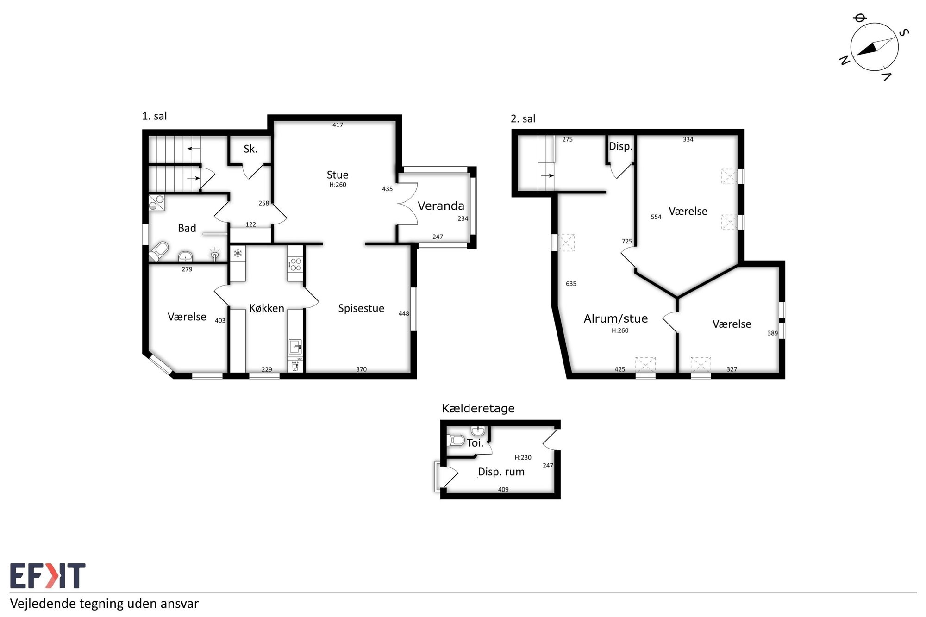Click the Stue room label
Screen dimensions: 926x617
[x=338, y=175]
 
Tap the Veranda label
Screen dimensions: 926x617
[x=441, y=206]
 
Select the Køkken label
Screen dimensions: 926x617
[x=267, y=308]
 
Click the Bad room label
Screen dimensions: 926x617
[x=187, y=228]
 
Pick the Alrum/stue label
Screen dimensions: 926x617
[x=616, y=318]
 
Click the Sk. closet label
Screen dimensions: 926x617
[x=250, y=149]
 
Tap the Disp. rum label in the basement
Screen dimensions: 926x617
[x=501, y=472]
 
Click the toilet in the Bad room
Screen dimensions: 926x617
[x=158, y=251]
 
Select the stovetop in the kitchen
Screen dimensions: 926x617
[x=295, y=265]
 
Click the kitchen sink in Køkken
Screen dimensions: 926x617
[x=295, y=347]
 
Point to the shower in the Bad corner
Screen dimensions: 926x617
[x=156, y=203]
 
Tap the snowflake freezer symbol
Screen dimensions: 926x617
[x=238, y=253]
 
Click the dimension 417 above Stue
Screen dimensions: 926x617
[x=338, y=125]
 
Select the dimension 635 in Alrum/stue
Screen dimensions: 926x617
[x=571, y=284]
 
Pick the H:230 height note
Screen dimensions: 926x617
[x=523, y=457]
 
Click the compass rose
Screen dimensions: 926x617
[x=874, y=47]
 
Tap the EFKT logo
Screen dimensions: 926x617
[x=48, y=576]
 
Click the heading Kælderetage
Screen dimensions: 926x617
[x=478, y=408]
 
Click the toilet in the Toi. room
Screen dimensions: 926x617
[x=455, y=440]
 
